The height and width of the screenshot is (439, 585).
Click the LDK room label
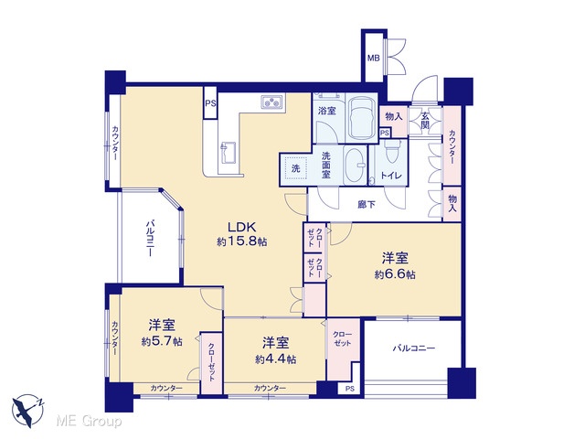[241, 227]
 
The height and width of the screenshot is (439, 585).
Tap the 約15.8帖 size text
[241, 241]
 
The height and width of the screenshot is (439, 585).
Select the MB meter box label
[373, 58]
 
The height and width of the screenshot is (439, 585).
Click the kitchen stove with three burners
[272, 102]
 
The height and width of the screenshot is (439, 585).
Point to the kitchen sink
[228, 153]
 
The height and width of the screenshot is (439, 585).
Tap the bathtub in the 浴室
[361, 118]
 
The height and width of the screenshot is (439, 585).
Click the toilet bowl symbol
[391, 151]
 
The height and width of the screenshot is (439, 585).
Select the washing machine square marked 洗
[295, 168]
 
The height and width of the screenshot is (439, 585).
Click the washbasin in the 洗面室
[355, 165]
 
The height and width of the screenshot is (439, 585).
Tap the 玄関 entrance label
[425, 120]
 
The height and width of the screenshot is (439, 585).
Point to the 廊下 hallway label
[367, 205]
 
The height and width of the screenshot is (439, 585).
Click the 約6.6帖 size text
[395, 274]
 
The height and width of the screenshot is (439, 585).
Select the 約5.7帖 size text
[162, 341]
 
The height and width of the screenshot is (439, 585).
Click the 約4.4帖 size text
[276, 359]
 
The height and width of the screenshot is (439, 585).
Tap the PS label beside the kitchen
[210, 103]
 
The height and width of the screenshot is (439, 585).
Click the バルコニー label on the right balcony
[413, 348]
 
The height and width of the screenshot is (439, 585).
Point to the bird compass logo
[28, 411]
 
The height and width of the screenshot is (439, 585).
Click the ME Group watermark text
[89, 422]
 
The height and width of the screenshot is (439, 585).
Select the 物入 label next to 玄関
[394, 116]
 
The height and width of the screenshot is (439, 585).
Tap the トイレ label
[391, 175]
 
